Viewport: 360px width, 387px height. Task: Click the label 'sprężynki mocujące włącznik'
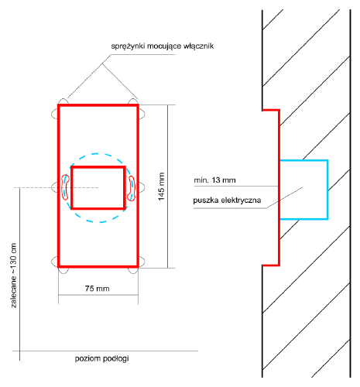(x=163, y=46)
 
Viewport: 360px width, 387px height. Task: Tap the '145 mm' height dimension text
(x=161, y=187)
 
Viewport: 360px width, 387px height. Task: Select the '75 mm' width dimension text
(x=98, y=289)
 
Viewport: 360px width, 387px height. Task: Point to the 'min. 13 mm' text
(x=214, y=180)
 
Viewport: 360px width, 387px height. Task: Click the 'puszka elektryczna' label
(x=227, y=200)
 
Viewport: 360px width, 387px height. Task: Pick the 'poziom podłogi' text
(x=101, y=358)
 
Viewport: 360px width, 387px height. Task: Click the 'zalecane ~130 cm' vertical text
(x=14, y=276)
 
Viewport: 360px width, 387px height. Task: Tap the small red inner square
(x=71, y=187)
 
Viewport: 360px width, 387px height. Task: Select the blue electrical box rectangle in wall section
(x=327, y=190)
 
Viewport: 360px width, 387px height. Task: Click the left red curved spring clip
(x=65, y=187)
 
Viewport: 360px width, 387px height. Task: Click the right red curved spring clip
(x=132, y=188)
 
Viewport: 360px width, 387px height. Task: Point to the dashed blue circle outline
(x=98, y=154)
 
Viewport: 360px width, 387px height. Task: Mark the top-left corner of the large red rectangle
(x=59, y=105)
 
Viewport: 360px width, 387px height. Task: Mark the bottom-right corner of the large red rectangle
(x=138, y=266)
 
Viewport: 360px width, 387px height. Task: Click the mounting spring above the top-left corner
(x=63, y=101)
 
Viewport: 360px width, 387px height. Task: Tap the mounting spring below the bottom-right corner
(x=133, y=270)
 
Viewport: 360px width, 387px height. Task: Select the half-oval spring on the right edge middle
(x=142, y=187)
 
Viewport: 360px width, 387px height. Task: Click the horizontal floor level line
(x=105, y=351)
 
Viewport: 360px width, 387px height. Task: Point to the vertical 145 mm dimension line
(x=168, y=187)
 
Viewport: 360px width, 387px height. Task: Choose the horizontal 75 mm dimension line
(x=98, y=295)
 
